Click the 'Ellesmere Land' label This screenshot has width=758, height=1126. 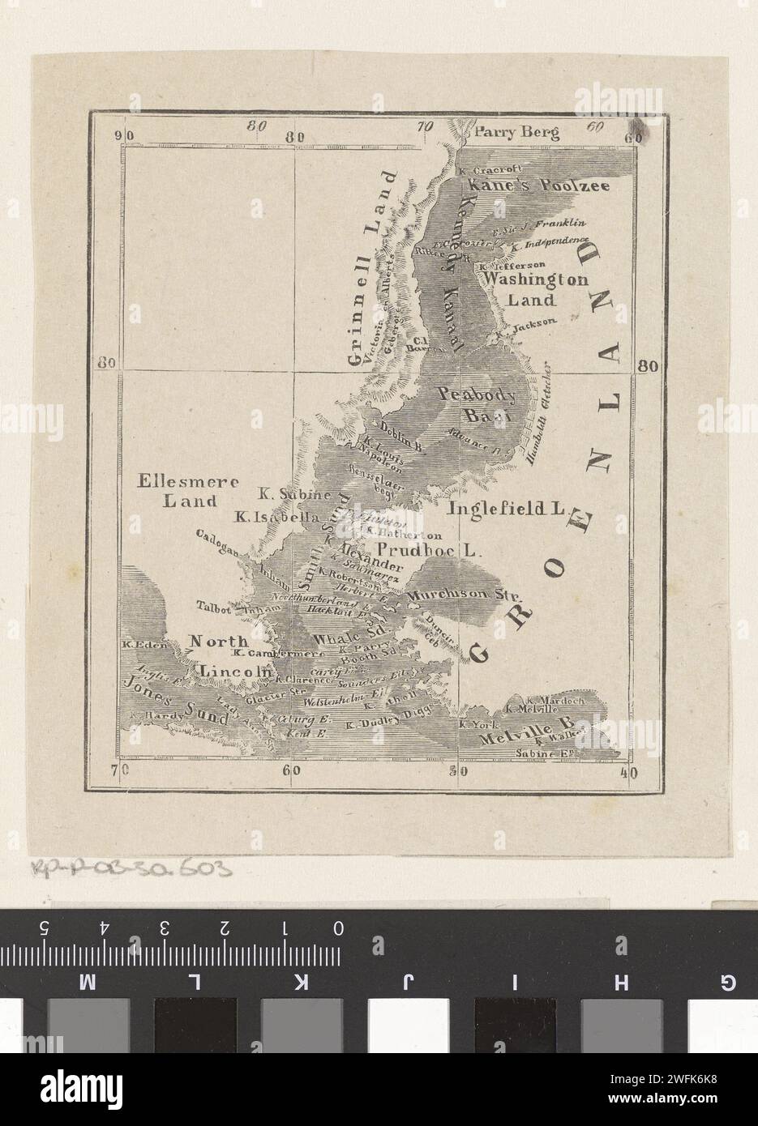(189, 491)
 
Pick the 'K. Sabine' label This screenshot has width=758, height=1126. (293, 494)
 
